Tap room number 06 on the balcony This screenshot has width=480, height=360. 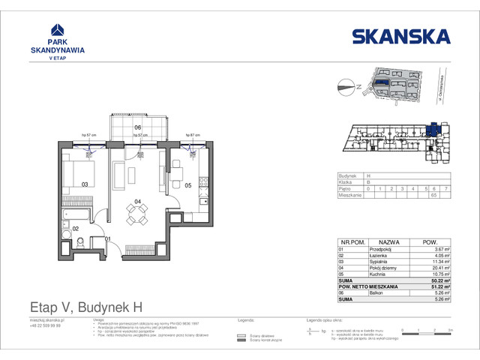tap(137, 127)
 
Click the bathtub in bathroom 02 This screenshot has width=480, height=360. tap(75, 218)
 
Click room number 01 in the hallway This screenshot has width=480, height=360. tap(107, 239)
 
